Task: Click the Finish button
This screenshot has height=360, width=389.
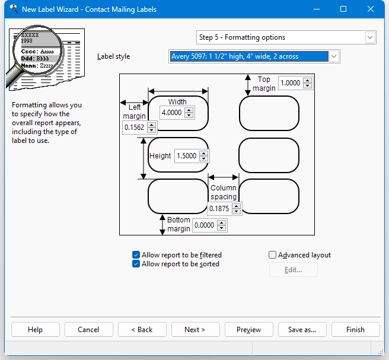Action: click(355, 330)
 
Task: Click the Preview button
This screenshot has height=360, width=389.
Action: click(249, 330)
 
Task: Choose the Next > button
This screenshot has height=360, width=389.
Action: click(196, 330)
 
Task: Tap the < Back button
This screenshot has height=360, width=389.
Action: click(142, 330)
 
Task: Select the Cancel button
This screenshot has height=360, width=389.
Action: click(89, 330)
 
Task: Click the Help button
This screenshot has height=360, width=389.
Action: click(36, 330)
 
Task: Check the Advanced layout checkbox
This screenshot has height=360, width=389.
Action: click(272, 255)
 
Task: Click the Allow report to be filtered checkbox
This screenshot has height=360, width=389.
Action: click(136, 255)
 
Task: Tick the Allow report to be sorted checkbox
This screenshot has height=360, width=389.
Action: click(136, 264)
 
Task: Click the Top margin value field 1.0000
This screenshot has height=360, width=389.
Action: click(291, 83)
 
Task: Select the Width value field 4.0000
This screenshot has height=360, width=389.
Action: click(172, 113)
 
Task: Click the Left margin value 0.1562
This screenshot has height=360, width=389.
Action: click(134, 128)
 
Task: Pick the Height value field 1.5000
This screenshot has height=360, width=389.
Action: click(187, 156)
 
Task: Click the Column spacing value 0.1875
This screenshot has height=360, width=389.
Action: click(219, 208)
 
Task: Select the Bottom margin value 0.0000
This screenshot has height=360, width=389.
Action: click(204, 225)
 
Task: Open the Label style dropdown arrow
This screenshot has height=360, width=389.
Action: click(334, 56)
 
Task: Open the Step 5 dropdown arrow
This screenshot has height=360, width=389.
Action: click(370, 37)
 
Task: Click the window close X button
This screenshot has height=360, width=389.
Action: click(371, 9)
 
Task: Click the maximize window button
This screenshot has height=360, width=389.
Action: click(343, 9)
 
